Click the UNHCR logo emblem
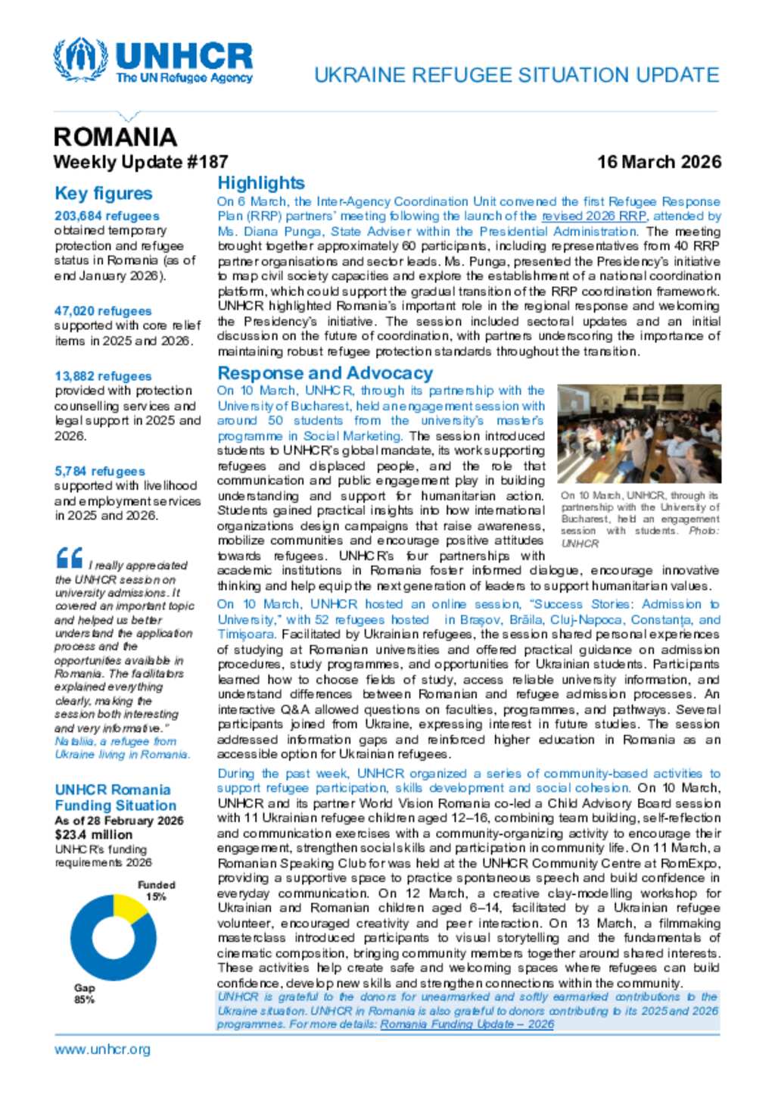pos(80,60)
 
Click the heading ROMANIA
pos(115,137)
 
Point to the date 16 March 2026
pos(658,162)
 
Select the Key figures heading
pos(103,194)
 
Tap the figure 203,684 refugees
pos(107,217)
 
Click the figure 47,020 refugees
pos(103,311)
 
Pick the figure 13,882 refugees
pos(103,376)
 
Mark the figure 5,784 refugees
pos(99,471)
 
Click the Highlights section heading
pos(261,183)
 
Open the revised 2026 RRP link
pos(593,217)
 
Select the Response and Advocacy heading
pos(325,373)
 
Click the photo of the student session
pos(639,434)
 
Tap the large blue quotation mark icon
pos(69,559)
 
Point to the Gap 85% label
pos(84,993)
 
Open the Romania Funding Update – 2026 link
pos(467,1024)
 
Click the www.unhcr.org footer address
pos(102,1049)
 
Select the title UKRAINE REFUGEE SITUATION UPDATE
pos(516,76)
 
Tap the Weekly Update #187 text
pos(140,162)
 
